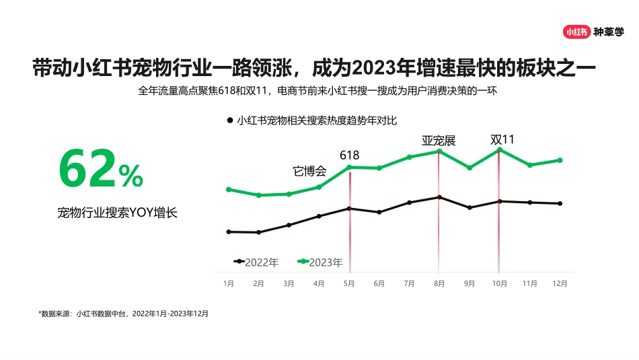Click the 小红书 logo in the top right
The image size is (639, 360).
pos(576,31)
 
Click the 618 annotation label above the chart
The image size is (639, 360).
pos(349,155)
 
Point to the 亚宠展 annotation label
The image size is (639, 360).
pos(439,141)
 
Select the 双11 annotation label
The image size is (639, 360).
pos(502,139)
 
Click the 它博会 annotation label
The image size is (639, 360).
pos(310,171)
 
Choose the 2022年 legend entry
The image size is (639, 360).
pos(256,262)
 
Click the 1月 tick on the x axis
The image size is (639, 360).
pos(229,284)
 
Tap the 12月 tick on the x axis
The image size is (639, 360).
pos(560,284)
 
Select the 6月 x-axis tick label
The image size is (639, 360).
pos(379,284)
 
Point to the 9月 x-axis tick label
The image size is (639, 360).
pos(469,284)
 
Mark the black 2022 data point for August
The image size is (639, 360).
pos(439,197)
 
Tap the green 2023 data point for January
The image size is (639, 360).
pos(229,189)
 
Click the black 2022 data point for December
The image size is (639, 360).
pos(560,203)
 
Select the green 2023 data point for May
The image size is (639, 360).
pos(349,167)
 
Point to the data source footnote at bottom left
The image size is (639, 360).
pos(123,314)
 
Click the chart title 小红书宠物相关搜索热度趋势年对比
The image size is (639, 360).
pos(317,121)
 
